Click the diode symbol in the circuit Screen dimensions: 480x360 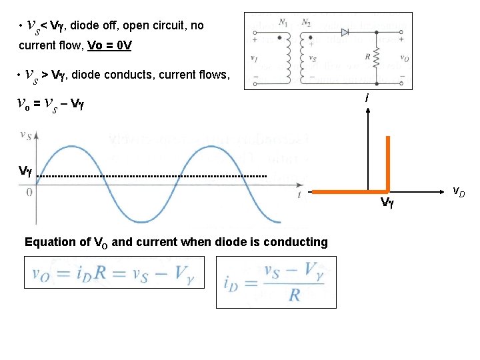345,31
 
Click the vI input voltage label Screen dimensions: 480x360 254,57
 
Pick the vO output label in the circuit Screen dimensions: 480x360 404,58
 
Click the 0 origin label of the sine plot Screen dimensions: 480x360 29,192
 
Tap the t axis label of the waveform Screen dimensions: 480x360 299,194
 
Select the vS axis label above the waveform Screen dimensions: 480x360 26,135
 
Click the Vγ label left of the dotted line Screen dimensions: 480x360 25,171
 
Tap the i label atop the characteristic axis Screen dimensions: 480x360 367,98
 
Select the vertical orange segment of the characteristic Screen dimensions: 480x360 387,163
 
